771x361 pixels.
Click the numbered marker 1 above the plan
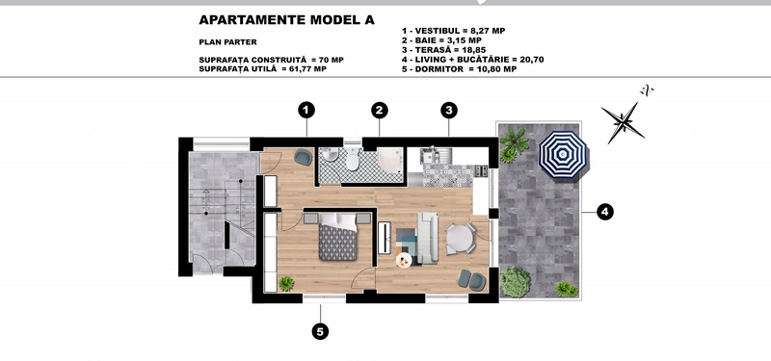coord(306,111)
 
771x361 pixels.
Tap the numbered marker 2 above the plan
coord(379,111)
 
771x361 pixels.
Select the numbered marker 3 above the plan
coord(448,111)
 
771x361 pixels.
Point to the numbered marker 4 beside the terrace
coord(605,212)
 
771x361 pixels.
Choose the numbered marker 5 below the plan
coord(320,331)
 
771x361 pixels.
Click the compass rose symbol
coord(623,122)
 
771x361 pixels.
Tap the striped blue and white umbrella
coord(563,156)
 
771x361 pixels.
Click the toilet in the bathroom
coord(352,158)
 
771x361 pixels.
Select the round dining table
coord(460,238)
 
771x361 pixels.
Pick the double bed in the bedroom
coord(337,238)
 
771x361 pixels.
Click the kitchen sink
coord(432,156)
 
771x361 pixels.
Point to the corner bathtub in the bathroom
coord(390,160)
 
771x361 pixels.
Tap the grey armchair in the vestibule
coord(303,157)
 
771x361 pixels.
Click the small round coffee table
coord(404,261)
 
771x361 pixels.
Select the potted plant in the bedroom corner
coord(285,283)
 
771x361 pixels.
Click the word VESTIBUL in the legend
coord(436,31)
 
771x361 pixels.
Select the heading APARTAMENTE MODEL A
coord(286,19)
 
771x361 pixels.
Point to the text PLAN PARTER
coord(227,42)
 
